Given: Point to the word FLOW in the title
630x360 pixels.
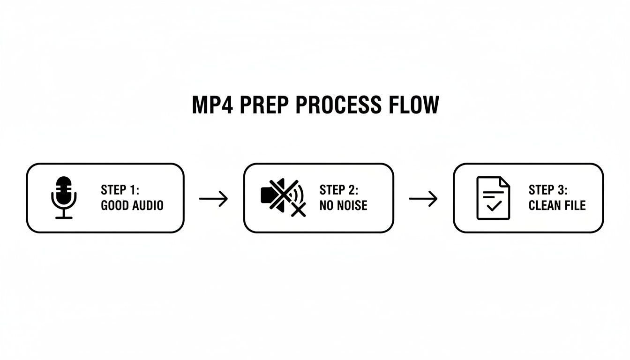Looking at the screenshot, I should (413, 105).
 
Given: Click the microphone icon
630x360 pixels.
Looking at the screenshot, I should (64, 197).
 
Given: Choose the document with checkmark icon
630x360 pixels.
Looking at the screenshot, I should (493, 198).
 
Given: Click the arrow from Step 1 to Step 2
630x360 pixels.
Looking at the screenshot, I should (213, 199).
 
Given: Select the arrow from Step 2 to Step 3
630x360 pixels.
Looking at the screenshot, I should (423, 199).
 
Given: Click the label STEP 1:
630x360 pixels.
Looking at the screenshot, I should (120, 190).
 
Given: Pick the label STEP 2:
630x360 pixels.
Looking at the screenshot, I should (338, 190).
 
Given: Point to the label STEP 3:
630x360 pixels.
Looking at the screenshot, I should (547, 190).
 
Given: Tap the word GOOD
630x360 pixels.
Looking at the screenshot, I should (116, 205).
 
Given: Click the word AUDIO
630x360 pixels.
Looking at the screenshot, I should (148, 205).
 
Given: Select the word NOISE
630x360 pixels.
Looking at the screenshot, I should (351, 205).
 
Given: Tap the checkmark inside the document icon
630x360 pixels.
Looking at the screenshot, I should (494, 206).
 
